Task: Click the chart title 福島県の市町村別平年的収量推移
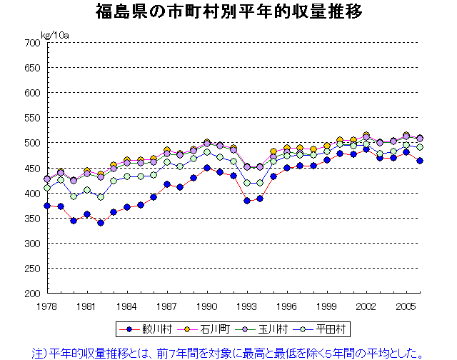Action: pos(228,12)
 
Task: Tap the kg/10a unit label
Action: pos(54,34)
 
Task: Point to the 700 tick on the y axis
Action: pos(33,43)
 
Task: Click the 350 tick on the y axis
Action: pos(33,243)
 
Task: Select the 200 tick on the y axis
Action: pos(33,293)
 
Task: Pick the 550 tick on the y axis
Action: pos(33,118)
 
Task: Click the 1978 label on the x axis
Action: pos(48,305)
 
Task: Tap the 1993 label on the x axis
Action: pos(247,305)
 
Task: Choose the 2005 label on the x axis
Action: pos(406,305)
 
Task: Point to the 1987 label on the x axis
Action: pos(167,305)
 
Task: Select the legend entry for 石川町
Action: pos(206,329)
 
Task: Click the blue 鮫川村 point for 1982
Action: pos(101,223)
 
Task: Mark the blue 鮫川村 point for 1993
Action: pos(247,201)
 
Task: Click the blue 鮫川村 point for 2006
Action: pos(420,161)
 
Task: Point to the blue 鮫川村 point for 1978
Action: pos(48,206)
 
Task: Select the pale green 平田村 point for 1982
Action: pos(101,196)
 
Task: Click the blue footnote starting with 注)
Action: pos(228,351)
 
